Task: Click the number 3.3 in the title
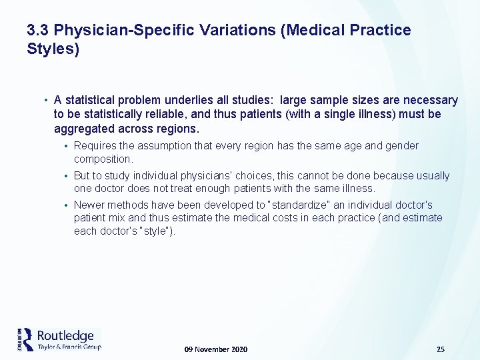pos(38,31)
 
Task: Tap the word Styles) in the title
pos(53,49)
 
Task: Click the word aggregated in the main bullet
pos(83,128)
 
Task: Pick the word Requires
pos(95,145)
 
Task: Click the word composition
pos(103,159)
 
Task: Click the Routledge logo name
pos(65,335)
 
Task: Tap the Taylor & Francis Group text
pos(69,347)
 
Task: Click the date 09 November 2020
pos(215,349)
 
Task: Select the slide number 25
pos(440,349)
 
